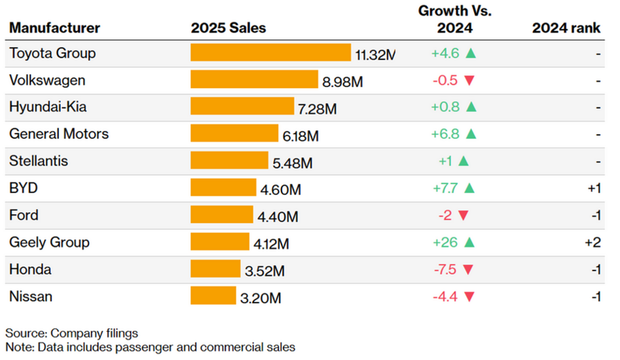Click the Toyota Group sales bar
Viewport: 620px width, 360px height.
pos(270,53)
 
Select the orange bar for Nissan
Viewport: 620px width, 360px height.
pos(213,297)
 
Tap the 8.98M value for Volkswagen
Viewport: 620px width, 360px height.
pos(342,82)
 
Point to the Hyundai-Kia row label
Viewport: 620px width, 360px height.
pos(49,107)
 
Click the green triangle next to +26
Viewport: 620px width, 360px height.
pos(469,243)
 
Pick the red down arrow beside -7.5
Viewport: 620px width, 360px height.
pos(469,270)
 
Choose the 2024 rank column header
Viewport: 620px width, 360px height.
pos(566,28)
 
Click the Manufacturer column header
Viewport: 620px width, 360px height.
pos(55,28)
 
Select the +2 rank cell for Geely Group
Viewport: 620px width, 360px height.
pos(593,243)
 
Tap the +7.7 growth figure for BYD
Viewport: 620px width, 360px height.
pos(445,189)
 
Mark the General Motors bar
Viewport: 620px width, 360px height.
pos(234,134)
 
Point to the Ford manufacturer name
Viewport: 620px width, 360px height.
pos(24,215)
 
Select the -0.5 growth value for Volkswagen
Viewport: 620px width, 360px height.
pos(446,81)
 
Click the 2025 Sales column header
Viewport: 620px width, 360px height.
pos(228,28)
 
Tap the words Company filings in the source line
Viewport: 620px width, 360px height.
pos(95,333)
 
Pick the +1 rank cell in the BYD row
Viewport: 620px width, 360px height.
pos(594,189)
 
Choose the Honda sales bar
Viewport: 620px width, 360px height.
pos(215,269)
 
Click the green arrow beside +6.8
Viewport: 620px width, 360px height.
pos(469,134)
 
